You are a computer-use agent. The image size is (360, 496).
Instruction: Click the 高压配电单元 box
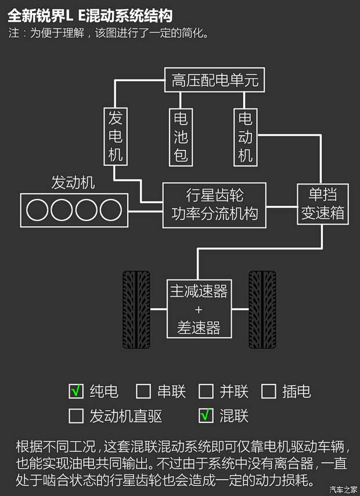(214, 81)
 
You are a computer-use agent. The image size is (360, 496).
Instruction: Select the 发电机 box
(115, 136)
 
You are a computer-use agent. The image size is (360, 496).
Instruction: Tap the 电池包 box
(181, 137)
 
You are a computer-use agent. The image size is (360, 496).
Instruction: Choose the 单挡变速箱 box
(322, 204)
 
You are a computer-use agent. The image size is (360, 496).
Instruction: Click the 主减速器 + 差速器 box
(199, 309)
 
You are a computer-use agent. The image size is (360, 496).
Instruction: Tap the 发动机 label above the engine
(73, 183)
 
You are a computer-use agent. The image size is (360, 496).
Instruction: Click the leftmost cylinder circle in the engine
(37, 209)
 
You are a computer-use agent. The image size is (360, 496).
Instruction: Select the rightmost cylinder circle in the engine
(110, 209)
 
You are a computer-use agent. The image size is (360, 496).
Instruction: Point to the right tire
(262, 309)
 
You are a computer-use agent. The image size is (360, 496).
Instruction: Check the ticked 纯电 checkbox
(76, 392)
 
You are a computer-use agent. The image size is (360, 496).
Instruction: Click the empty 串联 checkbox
(143, 392)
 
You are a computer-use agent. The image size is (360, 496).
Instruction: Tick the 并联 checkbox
(206, 392)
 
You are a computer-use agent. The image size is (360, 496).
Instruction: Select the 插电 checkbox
(268, 392)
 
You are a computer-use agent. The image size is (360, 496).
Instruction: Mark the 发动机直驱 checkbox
(76, 416)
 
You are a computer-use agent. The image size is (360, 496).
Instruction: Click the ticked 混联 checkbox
(206, 416)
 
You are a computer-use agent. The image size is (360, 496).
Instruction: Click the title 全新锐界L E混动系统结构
(90, 15)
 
